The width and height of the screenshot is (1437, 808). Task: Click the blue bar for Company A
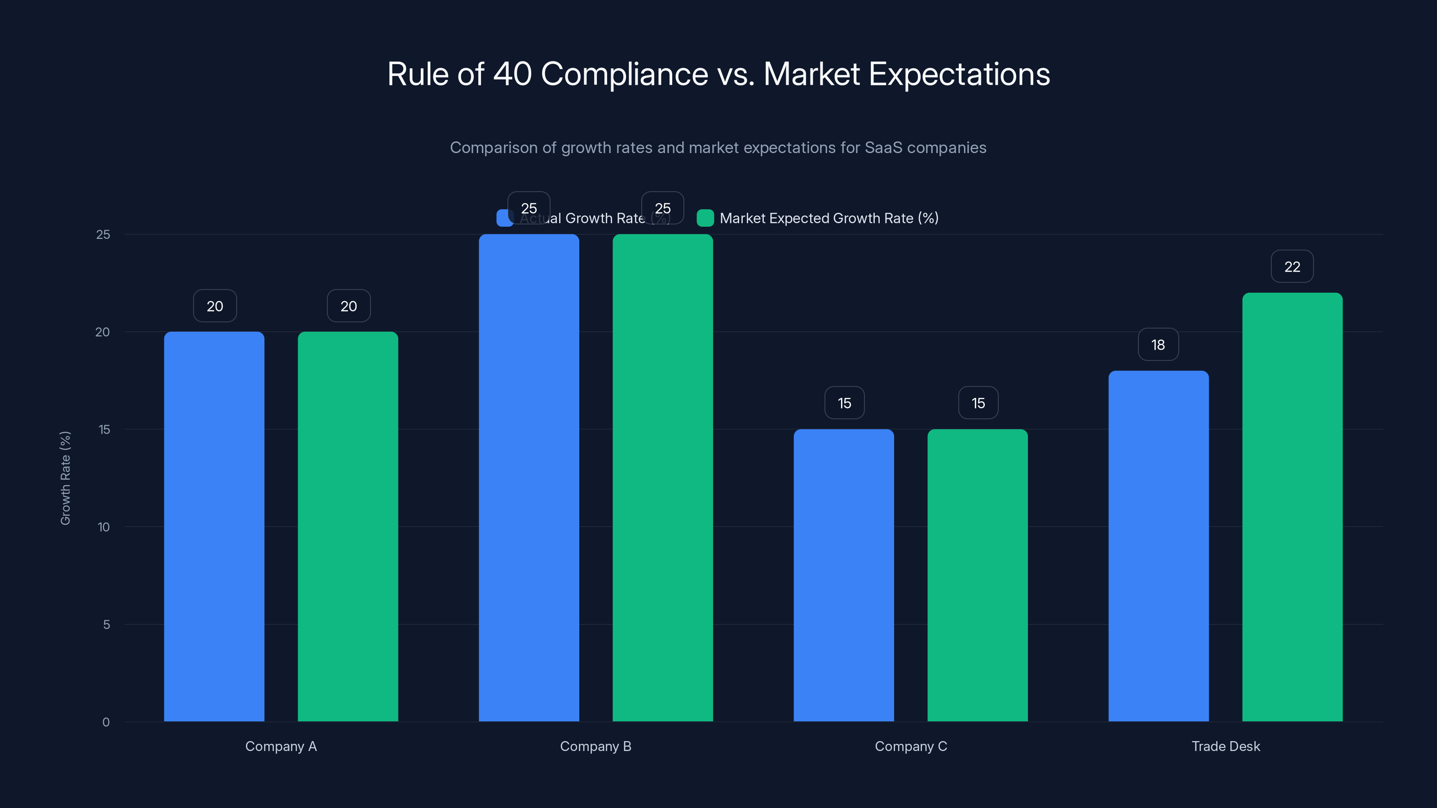pyautogui.click(x=214, y=527)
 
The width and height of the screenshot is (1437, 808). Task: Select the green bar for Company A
pyautogui.click(x=348, y=527)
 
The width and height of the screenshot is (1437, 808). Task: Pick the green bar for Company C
pyautogui.click(x=977, y=575)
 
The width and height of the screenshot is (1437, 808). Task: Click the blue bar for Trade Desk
pyautogui.click(x=1158, y=546)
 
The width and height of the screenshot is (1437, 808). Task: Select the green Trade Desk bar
pyautogui.click(x=1292, y=507)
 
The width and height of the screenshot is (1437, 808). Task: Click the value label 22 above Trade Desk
pyautogui.click(x=1292, y=267)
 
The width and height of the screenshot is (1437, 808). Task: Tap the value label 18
pyautogui.click(x=1158, y=345)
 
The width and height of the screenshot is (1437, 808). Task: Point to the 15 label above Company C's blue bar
pyautogui.click(x=844, y=403)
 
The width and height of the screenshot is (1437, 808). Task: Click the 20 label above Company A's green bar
pyautogui.click(x=348, y=306)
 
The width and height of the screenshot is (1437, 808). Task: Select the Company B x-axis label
pyautogui.click(x=595, y=746)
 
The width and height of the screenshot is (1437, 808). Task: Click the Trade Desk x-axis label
pyautogui.click(x=1225, y=746)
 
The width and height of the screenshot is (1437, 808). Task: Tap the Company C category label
pyautogui.click(x=910, y=746)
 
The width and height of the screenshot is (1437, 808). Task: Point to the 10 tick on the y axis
pyautogui.click(x=104, y=527)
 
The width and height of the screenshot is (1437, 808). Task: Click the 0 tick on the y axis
pyautogui.click(x=106, y=722)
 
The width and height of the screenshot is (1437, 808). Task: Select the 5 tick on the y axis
pyautogui.click(x=106, y=624)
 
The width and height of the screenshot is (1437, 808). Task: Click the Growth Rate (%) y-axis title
pyautogui.click(x=65, y=478)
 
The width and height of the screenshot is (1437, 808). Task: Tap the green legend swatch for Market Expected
pyautogui.click(x=705, y=218)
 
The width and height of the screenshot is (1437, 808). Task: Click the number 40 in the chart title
pyautogui.click(x=512, y=74)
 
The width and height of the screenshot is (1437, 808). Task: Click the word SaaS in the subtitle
pyautogui.click(x=883, y=148)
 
